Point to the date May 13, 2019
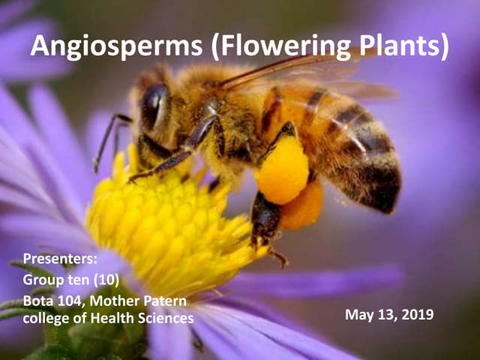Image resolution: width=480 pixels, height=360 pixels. (x=388, y=314)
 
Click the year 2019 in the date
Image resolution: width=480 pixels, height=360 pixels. (x=417, y=314)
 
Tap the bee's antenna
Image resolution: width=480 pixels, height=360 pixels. (x=105, y=139)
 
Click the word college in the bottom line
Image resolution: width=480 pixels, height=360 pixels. (x=46, y=319)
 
